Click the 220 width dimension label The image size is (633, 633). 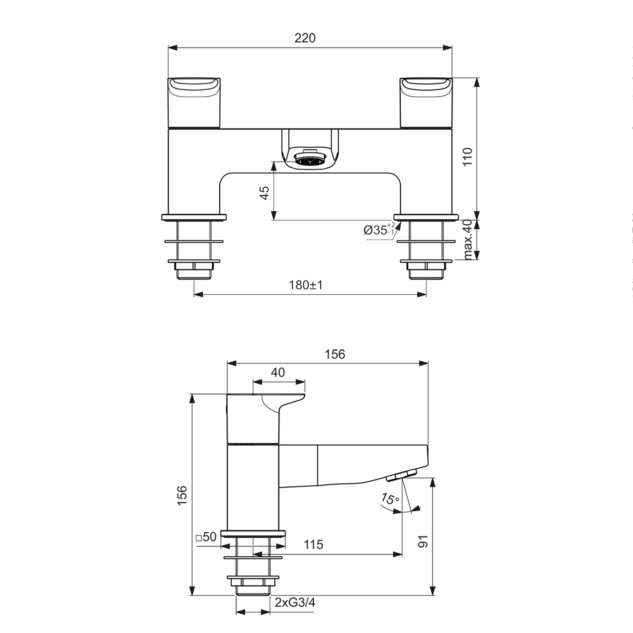(305, 38)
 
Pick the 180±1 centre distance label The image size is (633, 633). (305, 285)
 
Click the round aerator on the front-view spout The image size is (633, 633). (310, 161)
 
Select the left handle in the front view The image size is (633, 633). (194, 102)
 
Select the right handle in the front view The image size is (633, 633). (426, 102)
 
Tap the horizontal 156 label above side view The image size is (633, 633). (335, 354)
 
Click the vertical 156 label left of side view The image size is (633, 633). (182, 495)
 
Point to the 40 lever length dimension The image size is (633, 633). (278, 373)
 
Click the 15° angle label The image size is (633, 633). (390, 499)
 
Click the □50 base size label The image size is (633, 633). (206, 537)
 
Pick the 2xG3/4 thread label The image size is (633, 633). (295, 602)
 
